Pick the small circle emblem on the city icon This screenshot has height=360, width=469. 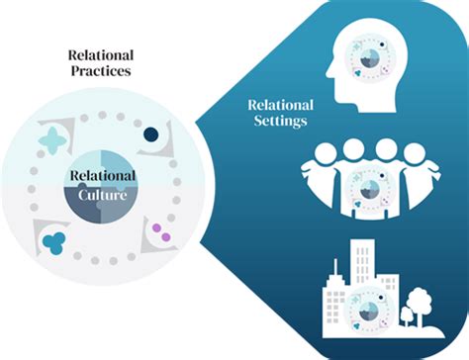click(371, 304)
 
